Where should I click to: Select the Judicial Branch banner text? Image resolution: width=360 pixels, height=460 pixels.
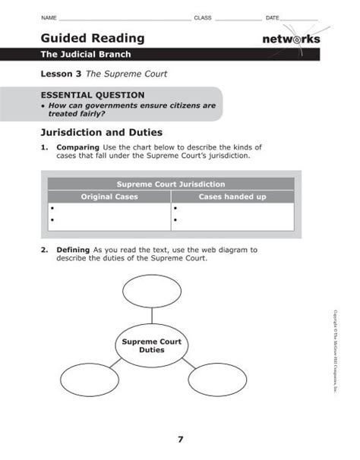tap(86, 55)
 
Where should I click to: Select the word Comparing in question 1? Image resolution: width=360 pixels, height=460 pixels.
tap(77, 147)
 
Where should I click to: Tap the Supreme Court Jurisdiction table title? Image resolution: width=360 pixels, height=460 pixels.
tap(171, 184)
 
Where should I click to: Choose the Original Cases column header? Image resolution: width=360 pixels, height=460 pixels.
tap(109, 197)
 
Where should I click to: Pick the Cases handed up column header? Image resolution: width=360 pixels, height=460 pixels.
tap(232, 197)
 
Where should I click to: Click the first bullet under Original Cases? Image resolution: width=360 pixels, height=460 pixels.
tap(52, 207)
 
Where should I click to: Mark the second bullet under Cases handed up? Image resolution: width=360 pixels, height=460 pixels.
tap(175, 221)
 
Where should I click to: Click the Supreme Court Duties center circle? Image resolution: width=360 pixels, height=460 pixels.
tap(152, 346)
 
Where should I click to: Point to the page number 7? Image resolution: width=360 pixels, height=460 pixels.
tap(181, 439)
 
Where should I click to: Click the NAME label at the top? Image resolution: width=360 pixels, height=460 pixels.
tap(48, 17)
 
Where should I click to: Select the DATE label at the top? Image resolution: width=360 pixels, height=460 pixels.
tap(273, 17)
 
